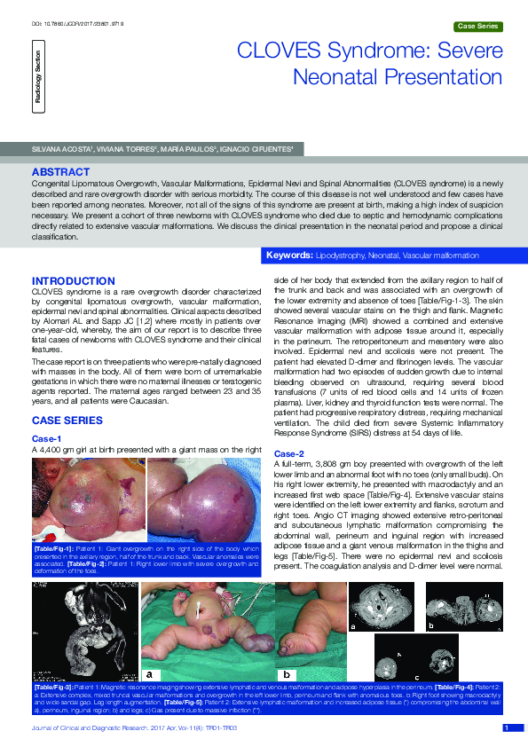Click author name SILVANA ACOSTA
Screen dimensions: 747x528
pyautogui.click(x=59, y=150)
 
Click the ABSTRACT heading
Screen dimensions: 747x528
pyautogui.click(x=60, y=171)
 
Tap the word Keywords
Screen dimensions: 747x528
pyautogui.click(x=289, y=256)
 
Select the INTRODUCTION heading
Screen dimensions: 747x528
pyautogui.click(x=74, y=281)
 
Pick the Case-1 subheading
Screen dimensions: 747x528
pyautogui.click(x=46, y=437)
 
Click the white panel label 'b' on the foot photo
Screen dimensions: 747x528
pyautogui.click(x=286, y=674)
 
